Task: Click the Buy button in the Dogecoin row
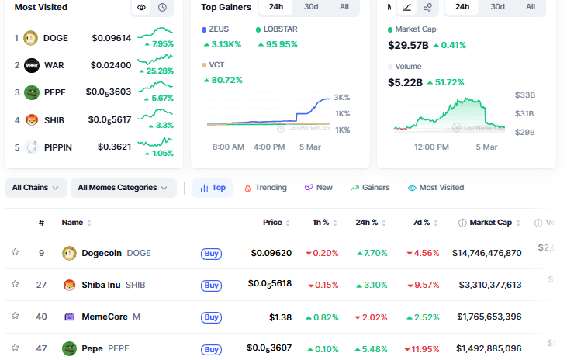tap(211, 253)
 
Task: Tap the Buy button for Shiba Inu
tap(211, 285)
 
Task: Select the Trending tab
tap(265, 188)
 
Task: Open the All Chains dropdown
tap(36, 188)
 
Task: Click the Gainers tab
tap(370, 188)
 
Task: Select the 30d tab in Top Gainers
tap(310, 7)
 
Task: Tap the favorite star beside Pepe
tap(15, 348)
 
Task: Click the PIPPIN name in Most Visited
tap(59, 146)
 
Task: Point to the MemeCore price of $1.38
tap(280, 317)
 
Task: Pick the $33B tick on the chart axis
tap(526, 95)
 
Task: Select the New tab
tap(319, 188)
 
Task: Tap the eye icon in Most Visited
tap(141, 8)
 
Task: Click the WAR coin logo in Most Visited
tap(32, 65)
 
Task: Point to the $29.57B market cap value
tap(408, 45)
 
